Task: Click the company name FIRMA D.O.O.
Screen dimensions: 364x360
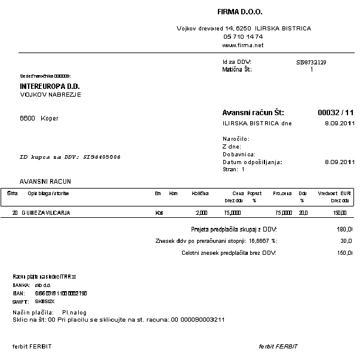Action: click(x=240, y=12)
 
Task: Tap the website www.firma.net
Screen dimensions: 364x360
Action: click(x=242, y=45)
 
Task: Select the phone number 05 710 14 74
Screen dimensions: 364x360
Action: click(x=242, y=36)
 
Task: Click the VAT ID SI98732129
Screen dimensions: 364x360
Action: click(x=311, y=62)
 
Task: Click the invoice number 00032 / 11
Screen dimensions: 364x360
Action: click(x=336, y=112)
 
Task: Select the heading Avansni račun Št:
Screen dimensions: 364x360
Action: click(x=253, y=112)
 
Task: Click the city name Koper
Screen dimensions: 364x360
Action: click(x=50, y=118)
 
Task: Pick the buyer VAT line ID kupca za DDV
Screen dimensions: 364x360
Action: click(x=70, y=157)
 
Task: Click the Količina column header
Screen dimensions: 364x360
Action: click(x=200, y=193)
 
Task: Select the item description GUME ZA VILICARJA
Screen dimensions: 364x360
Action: click(x=45, y=212)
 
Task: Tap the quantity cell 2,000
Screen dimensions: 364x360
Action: click(x=201, y=212)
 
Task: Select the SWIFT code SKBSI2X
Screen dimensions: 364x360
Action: click(x=45, y=302)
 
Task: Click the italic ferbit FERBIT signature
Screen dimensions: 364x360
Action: click(x=278, y=346)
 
